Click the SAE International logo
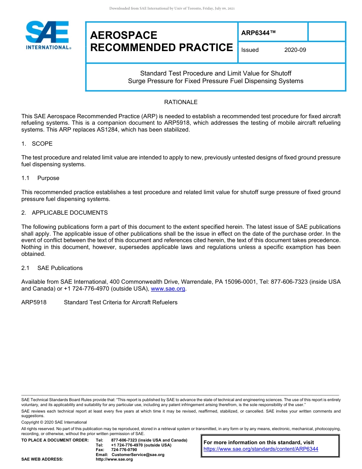click(x=48, y=35)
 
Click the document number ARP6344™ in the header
click(x=258, y=33)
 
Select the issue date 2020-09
click(x=295, y=50)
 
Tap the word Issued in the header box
click(x=250, y=50)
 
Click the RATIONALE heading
click(x=181, y=102)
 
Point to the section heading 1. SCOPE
click(x=37, y=144)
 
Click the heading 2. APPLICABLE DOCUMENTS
click(x=64, y=212)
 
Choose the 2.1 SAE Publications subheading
click(x=52, y=268)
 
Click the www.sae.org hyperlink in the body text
click(x=168, y=289)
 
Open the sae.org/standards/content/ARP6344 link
click(x=261, y=449)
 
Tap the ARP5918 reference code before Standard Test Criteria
click(x=34, y=302)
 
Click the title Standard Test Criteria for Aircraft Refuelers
click(x=120, y=302)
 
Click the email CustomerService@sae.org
click(x=138, y=455)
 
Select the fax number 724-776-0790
click(x=124, y=450)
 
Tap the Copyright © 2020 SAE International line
click(x=54, y=422)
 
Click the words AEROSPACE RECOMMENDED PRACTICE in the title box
click(x=161, y=41)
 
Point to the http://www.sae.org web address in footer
click(x=114, y=459)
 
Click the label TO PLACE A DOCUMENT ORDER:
click(x=55, y=440)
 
